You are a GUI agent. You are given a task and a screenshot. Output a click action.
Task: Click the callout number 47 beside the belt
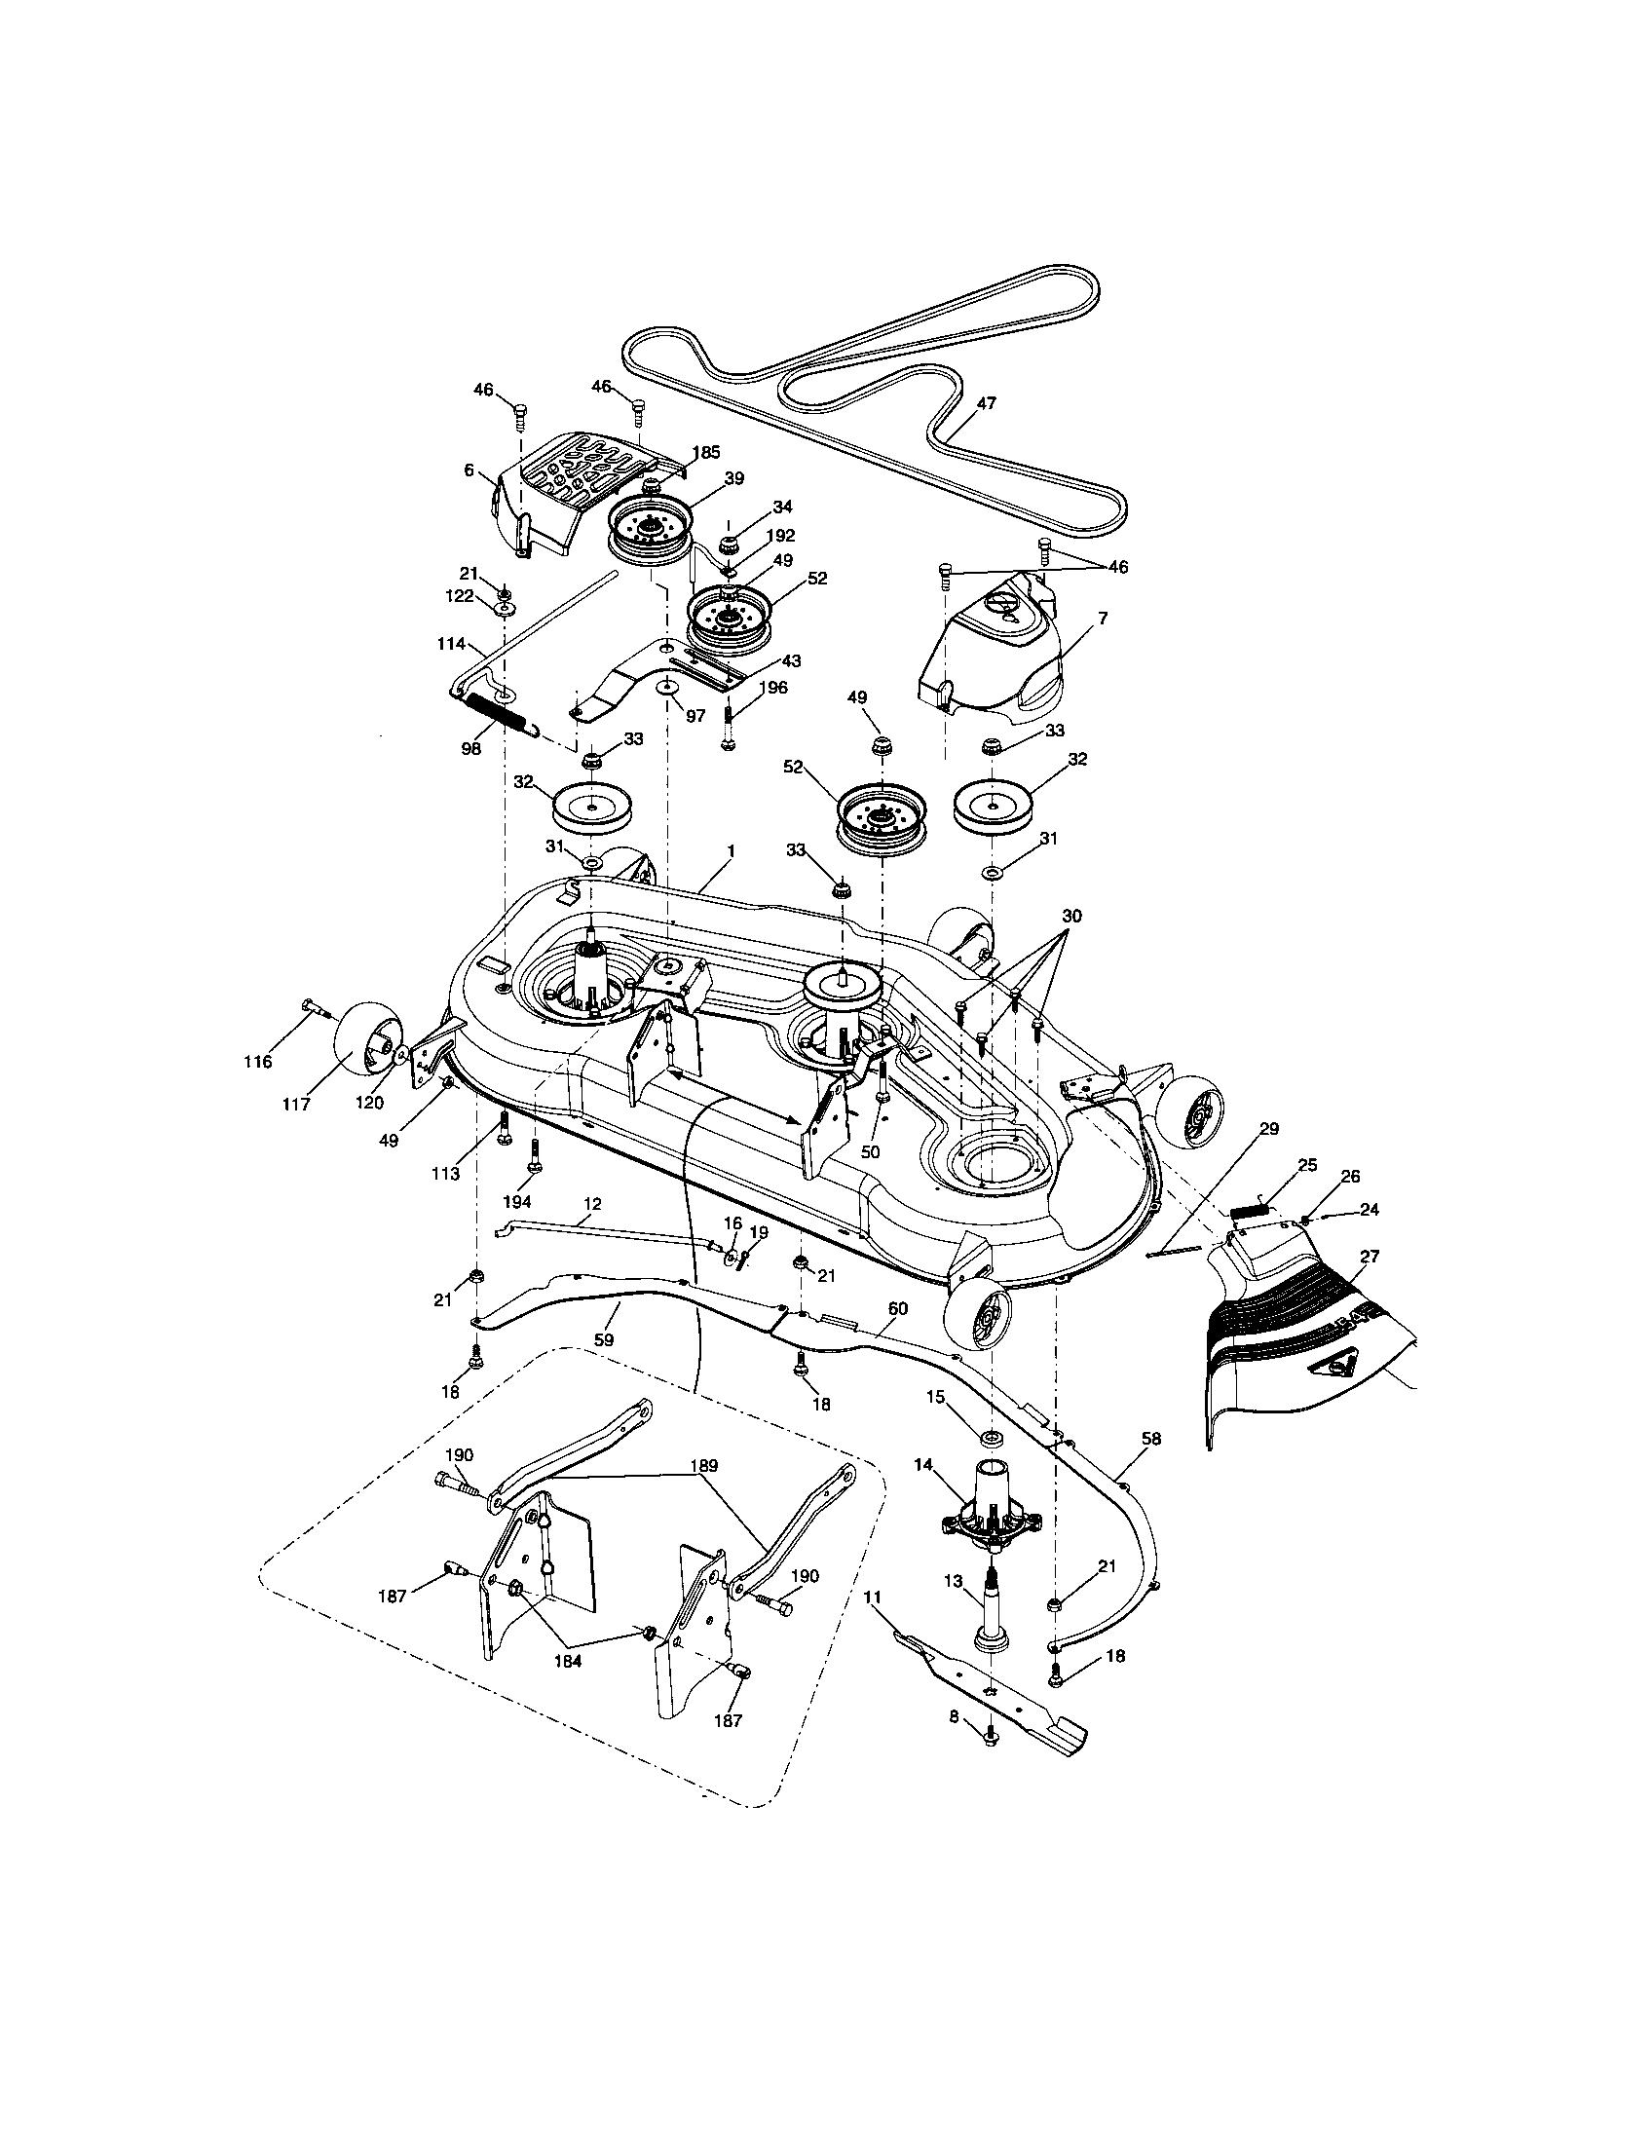pyautogui.click(x=987, y=403)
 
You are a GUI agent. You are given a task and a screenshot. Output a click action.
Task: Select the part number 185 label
pyautogui.click(x=706, y=452)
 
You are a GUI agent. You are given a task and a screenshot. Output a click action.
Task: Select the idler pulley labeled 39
pyautogui.click(x=648, y=535)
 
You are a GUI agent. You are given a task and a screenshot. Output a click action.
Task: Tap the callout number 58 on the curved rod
pyautogui.click(x=1151, y=1439)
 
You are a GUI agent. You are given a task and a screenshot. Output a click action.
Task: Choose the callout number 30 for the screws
pyautogui.click(x=1071, y=916)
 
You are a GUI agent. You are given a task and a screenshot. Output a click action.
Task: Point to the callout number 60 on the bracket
pyautogui.click(x=898, y=1308)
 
